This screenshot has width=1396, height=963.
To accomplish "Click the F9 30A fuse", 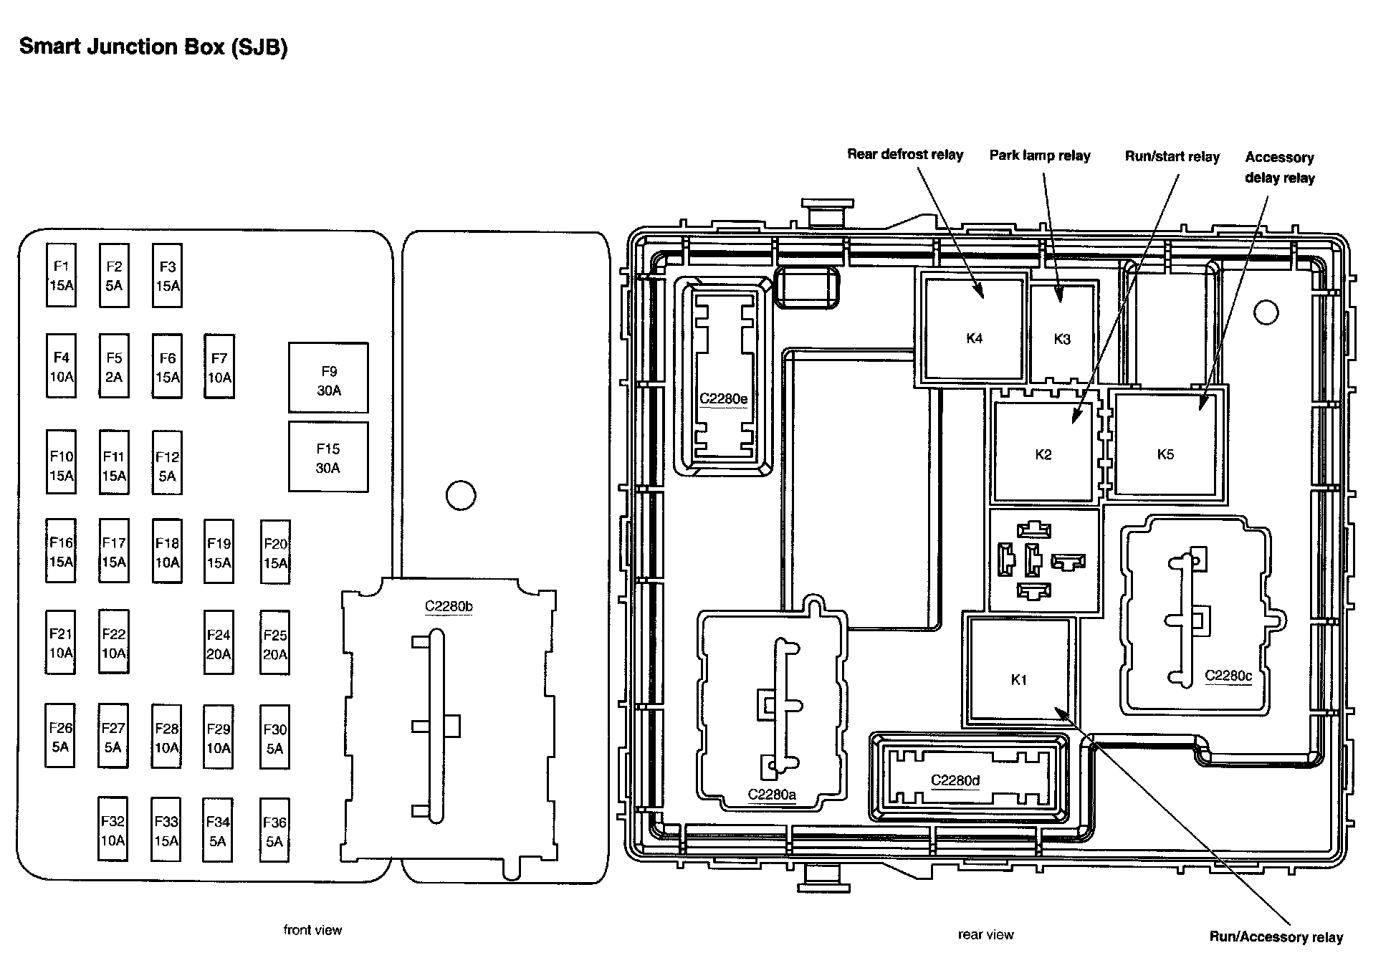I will tap(328, 378).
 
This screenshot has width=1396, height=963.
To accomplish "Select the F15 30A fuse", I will tap(328, 457).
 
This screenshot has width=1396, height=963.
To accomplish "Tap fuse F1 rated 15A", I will tap(61, 275).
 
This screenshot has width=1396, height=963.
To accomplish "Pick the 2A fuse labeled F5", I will tap(114, 366).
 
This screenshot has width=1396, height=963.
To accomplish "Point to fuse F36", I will tap(274, 831).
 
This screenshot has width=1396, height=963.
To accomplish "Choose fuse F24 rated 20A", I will tap(219, 643).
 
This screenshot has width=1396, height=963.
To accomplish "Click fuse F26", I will tap(60, 737).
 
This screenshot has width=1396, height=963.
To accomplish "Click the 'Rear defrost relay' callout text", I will tap(905, 154).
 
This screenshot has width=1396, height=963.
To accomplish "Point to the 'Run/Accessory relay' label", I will tap(1276, 936).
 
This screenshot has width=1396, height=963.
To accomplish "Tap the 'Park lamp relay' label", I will tap(1039, 155).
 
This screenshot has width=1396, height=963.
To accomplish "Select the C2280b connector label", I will tap(449, 607).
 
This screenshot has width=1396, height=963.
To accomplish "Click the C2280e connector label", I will tap(723, 398).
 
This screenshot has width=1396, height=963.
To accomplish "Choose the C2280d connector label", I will tap(955, 780).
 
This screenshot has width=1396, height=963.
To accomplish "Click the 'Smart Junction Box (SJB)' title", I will tap(153, 47).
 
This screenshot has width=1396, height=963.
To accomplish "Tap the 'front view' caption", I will tap(312, 930).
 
